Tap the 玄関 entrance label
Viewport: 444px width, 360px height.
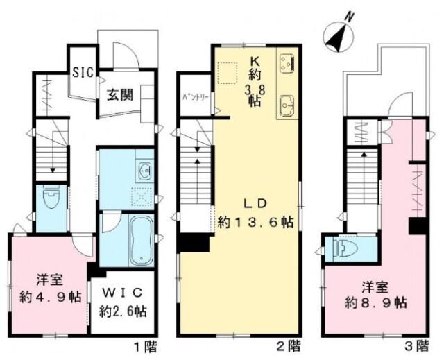pos(119,96)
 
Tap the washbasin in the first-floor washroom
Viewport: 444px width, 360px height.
pos(144,169)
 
